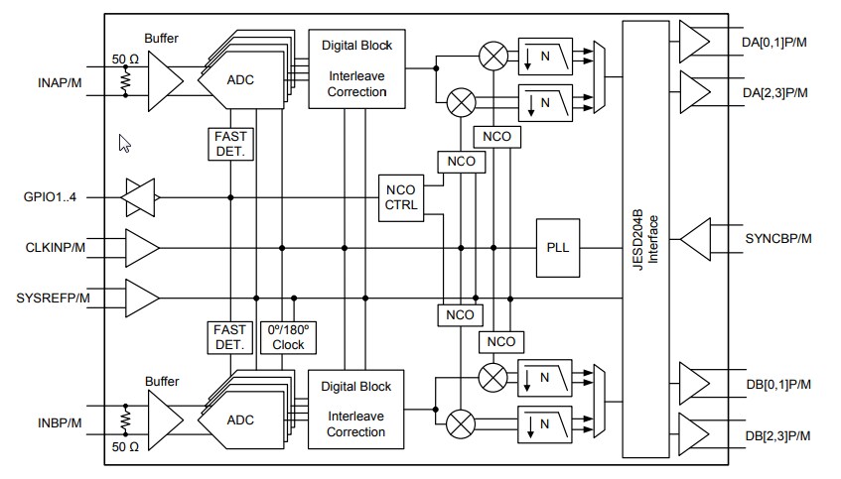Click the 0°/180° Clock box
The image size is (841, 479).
(288, 337)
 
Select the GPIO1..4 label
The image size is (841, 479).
(51, 196)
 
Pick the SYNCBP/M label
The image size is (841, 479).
(777, 239)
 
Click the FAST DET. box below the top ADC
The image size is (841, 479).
(230, 143)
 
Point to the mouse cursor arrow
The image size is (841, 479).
(124, 143)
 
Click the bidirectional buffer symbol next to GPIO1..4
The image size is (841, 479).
(138, 197)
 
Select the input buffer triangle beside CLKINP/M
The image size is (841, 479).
(141, 247)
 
